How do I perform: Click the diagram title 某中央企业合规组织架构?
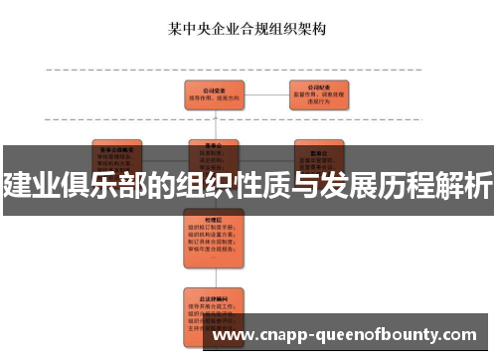click(248, 29)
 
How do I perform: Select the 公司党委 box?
click(216, 94)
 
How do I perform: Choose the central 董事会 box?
click(216, 150)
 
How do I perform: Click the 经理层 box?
click(216, 230)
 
